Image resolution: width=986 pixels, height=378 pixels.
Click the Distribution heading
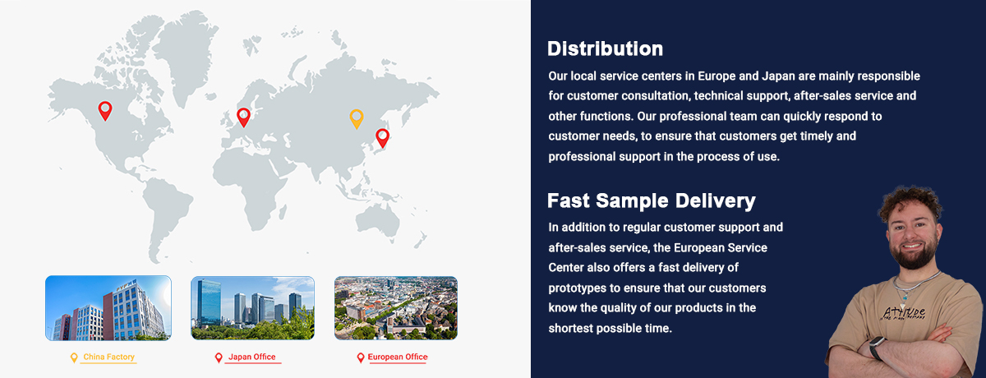605,48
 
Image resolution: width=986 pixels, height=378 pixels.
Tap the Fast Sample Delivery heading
652,201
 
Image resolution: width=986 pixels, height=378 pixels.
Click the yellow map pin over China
357,119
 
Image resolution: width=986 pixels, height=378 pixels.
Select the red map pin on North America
105,111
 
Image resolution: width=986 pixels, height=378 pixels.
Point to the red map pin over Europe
243,118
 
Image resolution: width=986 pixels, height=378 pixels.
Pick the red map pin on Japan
383,138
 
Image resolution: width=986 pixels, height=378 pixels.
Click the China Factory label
108,357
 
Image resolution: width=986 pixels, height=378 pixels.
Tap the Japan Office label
251,357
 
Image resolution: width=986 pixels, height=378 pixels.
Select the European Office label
398,357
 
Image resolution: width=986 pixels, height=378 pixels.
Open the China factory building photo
108,308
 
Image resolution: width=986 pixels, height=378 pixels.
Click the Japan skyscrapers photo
253,308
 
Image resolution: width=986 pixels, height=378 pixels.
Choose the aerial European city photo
396,308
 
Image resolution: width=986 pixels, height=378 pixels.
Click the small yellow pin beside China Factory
74,357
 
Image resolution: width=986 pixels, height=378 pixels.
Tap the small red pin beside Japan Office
219,357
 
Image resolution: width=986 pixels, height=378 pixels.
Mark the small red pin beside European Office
361,357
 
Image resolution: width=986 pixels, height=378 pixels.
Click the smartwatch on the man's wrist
877,348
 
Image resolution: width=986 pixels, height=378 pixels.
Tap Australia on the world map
377,221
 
